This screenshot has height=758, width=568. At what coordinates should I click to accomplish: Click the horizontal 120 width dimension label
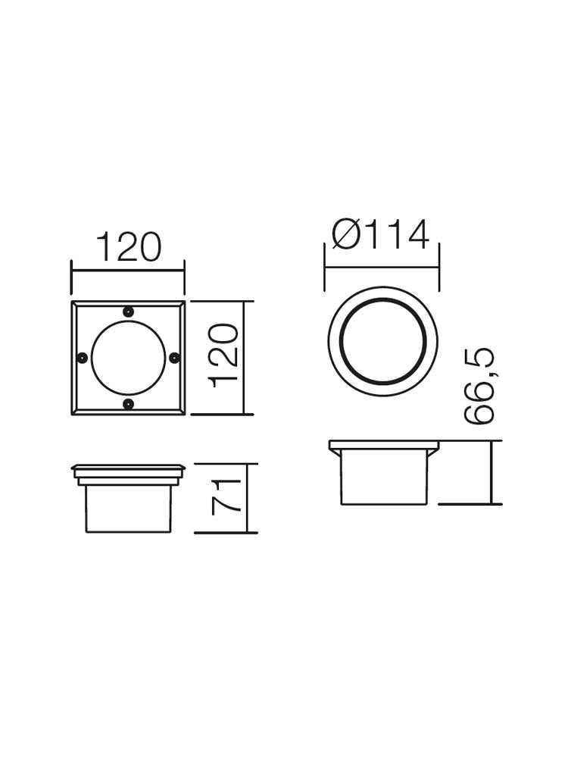128,248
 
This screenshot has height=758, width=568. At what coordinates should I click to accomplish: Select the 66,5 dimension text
479,386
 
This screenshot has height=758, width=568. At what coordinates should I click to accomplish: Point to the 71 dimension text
226,496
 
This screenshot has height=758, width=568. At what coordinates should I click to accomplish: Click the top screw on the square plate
128,311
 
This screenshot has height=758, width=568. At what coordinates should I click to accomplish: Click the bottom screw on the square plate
128,404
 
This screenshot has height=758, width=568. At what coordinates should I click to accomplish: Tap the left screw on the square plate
82,357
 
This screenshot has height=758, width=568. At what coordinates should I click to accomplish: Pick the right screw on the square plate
174,357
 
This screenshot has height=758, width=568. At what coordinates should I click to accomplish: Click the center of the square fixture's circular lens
128,357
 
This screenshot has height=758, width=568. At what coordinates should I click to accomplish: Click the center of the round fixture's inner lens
382,341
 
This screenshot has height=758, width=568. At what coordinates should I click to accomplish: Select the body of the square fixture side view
128,509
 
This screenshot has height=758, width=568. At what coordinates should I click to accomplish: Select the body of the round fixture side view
382,477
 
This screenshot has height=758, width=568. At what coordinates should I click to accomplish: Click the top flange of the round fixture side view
383,445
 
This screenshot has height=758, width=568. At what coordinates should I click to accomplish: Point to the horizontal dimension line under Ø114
382,267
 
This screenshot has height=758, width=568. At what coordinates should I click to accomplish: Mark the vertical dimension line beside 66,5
492,471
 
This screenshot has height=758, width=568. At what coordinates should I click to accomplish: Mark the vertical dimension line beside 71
248,498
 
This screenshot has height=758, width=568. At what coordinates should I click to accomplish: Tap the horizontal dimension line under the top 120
128,269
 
